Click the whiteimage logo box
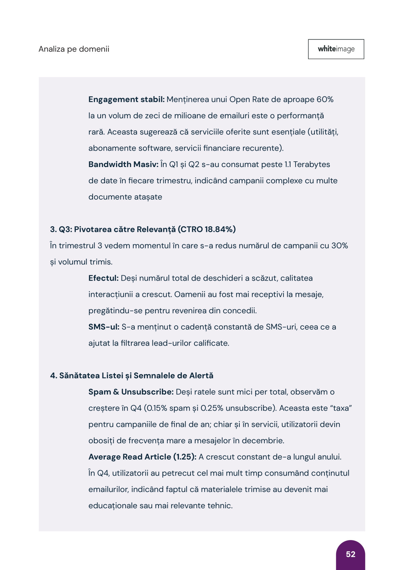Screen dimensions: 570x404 point(336,49)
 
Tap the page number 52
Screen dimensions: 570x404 point(350,554)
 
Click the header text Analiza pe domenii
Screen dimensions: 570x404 point(74,49)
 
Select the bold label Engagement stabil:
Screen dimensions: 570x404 point(126,99)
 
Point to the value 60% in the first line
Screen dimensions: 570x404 point(325,99)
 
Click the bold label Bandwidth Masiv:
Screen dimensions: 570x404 point(123,164)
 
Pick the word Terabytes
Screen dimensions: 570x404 point(311,164)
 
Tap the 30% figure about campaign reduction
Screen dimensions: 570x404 point(339,246)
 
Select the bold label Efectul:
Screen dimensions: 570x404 point(103,278)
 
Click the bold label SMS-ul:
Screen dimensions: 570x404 point(104,327)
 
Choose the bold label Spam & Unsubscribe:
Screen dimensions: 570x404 point(131,392)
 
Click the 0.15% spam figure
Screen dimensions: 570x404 point(157,408)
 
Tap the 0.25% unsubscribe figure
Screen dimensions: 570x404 point(212,408)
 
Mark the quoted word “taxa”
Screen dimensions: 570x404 point(341,408)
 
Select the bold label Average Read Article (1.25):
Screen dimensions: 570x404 point(142,457)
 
